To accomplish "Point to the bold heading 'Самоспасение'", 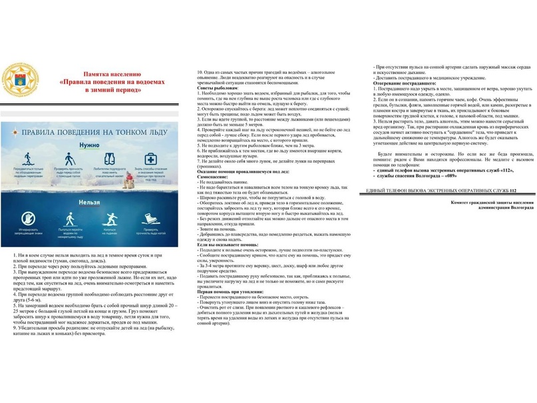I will pos(214,167).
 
